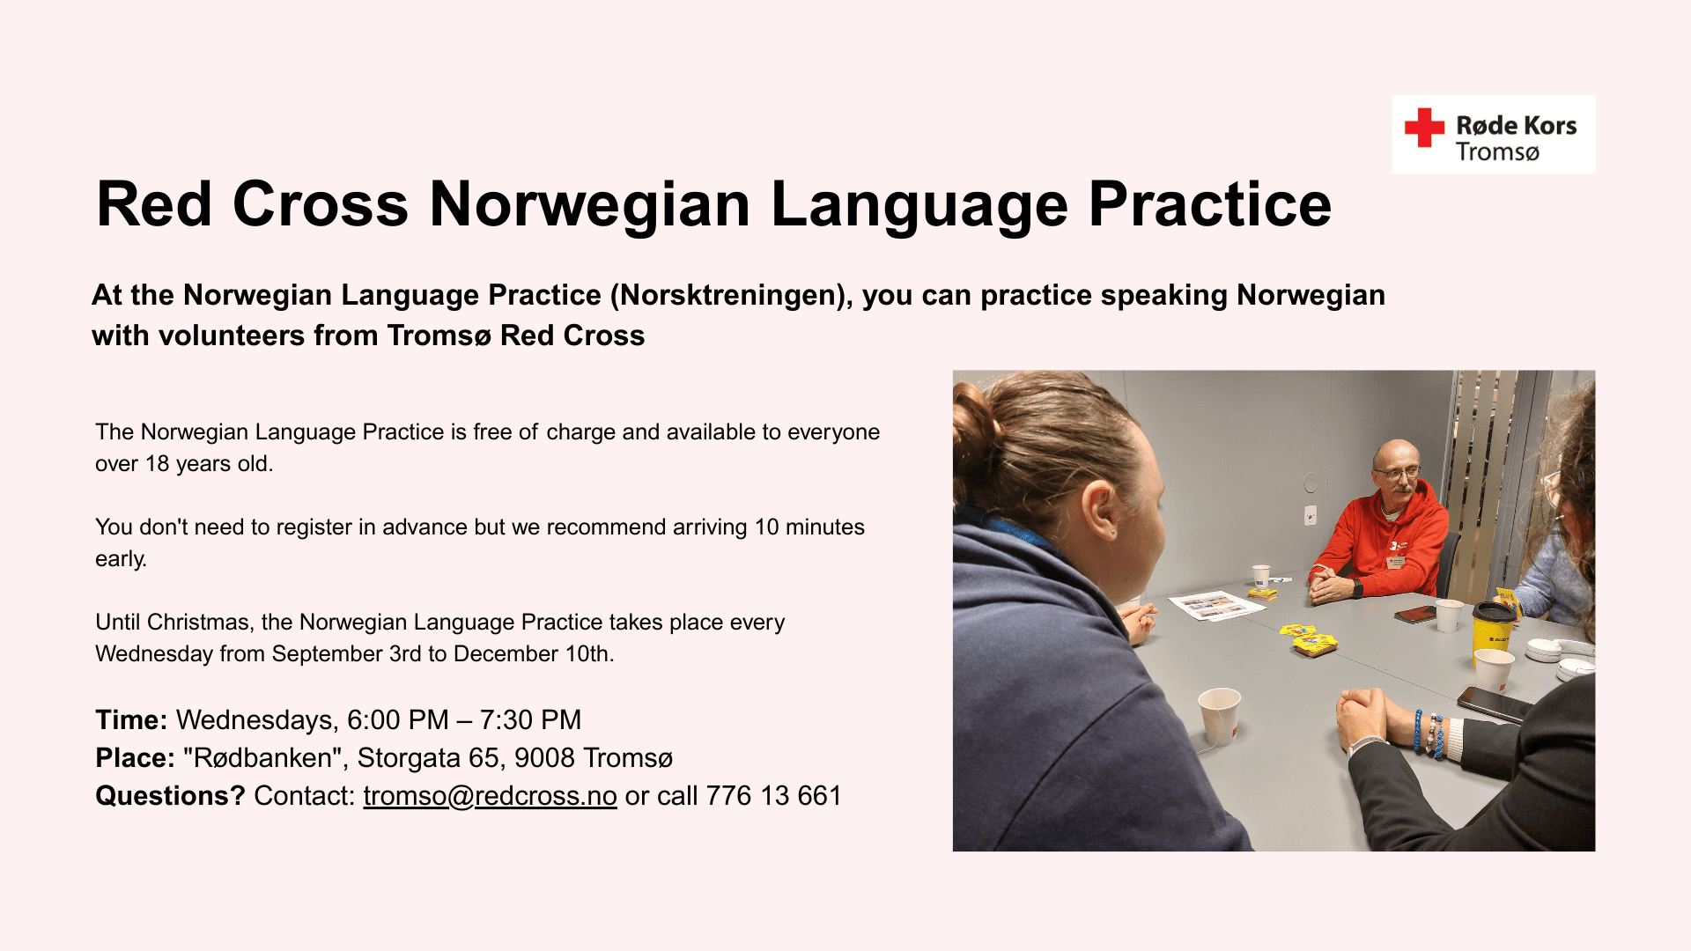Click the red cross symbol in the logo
[1424, 128]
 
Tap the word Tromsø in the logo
[1497, 152]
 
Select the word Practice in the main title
[1210, 204]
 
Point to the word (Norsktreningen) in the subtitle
[732, 295]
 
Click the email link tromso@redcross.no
[490, 795]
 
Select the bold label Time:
[131, 719]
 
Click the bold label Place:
[135, 757]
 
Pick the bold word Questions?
[170, 795]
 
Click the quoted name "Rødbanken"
[262, 757]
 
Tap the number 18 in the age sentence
[157, 463]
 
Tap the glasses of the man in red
[1398, 473]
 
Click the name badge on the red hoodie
[1394, 562]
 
